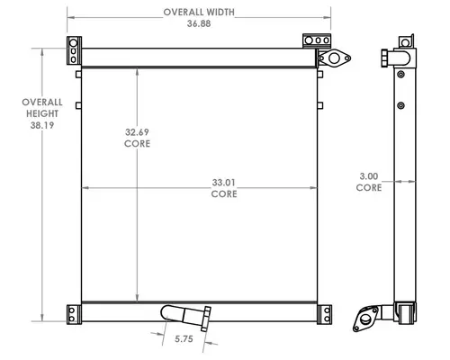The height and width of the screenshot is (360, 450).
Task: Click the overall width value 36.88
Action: [199, 23]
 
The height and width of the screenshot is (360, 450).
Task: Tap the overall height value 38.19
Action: [42, 125]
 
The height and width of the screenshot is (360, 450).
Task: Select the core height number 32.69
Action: [137, 132]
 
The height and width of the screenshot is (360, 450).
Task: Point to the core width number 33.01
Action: [224, 183]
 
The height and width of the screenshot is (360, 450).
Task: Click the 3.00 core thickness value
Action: [369, 176]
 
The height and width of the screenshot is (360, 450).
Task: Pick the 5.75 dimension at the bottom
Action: [184, 339]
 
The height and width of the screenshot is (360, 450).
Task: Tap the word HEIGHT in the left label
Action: [42, 113]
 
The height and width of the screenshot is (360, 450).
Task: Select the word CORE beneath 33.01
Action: [224, 193]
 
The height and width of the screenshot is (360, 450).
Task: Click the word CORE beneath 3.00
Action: [369, 187]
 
